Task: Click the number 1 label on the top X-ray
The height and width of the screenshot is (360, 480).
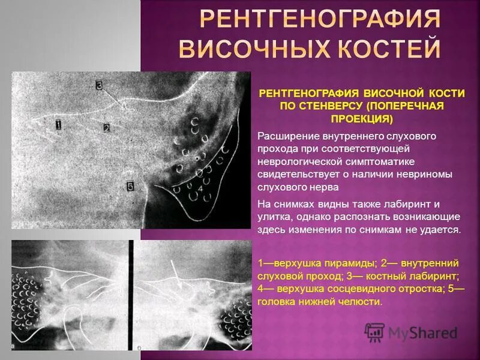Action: (x=58, y=125)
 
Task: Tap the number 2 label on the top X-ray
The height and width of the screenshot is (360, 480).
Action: (x=106, y=127)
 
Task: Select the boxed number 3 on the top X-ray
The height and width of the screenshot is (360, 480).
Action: (x=99, y=86)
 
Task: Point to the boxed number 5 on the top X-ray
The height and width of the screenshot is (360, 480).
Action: (x=131, y=186)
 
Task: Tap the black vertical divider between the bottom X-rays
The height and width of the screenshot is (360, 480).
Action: (x=130, y=295)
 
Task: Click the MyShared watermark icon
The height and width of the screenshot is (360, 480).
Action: (x=375, y=332)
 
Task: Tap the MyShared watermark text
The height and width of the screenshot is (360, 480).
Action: (x=422, y=332)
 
